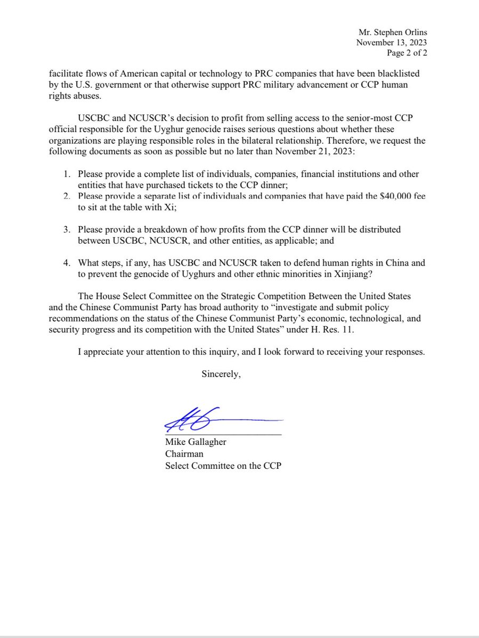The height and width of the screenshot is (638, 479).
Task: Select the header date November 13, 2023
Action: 392,43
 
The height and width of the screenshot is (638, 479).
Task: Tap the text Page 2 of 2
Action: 407,53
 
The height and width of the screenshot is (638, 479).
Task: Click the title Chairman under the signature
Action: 184,455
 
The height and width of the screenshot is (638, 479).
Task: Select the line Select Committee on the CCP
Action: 223,466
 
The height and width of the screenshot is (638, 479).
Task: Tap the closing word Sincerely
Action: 221,374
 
